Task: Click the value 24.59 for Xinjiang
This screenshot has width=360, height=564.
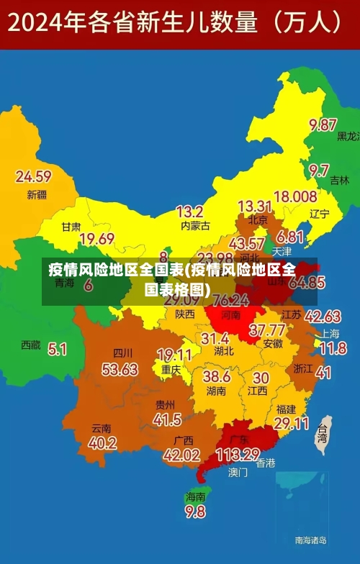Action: click(x=33, y=176)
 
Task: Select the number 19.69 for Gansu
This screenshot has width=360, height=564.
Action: click(x=96, y=239)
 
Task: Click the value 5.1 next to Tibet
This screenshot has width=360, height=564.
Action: click(x=58, y=350)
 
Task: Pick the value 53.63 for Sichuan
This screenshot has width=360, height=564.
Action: click(x=120, y=369)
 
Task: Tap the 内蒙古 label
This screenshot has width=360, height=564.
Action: click(x=195, y=226)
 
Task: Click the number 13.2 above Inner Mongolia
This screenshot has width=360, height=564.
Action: click(x=189, y=211)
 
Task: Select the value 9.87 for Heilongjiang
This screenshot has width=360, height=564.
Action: click(x=323, y=125)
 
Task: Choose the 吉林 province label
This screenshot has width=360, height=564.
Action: click(x=339, y=181)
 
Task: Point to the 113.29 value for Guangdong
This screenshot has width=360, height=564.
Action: click(x=238, y=455)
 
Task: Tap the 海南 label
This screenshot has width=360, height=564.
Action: click(x=195, y=496)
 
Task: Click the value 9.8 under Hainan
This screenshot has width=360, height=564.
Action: click(x=195, y=512)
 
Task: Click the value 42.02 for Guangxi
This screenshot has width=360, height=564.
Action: click(x=181, y=455)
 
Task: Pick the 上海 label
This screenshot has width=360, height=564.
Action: click(x=330, y=333)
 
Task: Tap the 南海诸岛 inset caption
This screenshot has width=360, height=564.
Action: click(x=311, y=540)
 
